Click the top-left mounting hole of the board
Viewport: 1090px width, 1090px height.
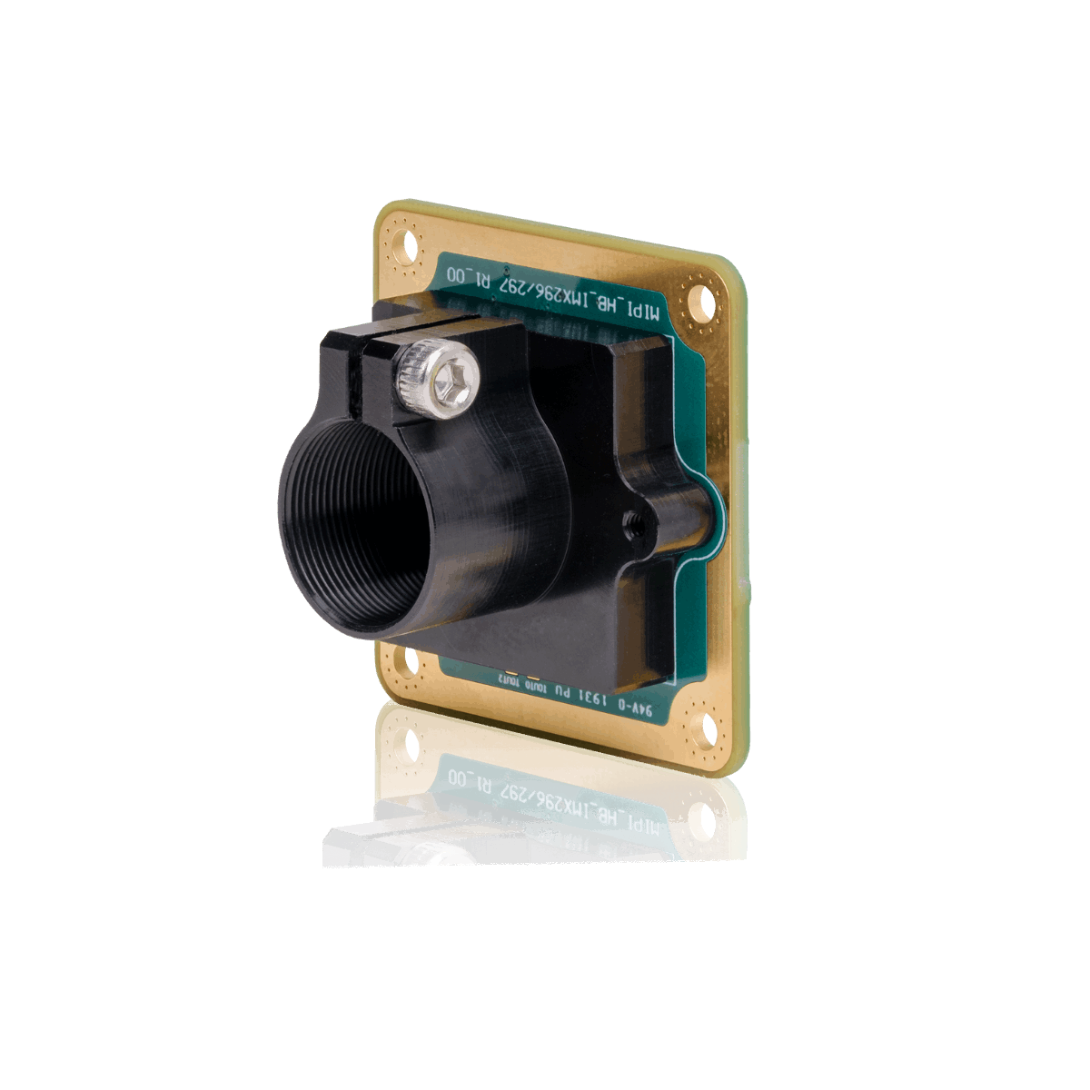coord(407,245)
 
